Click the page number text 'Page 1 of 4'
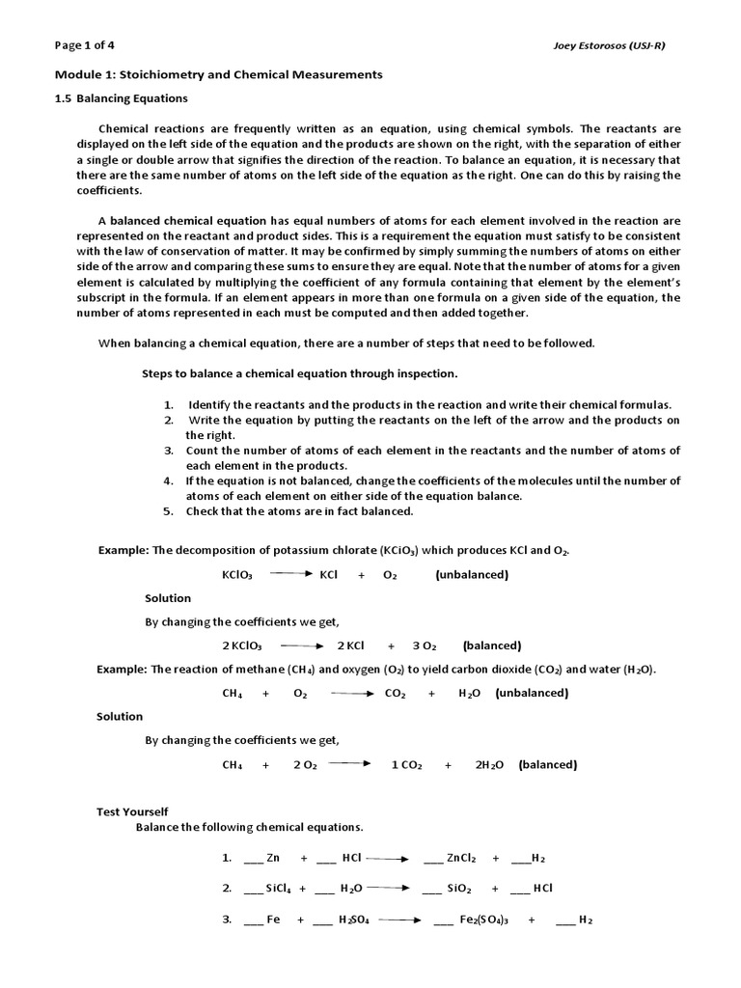pos(85,45)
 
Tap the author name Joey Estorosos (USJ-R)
pos(631,45)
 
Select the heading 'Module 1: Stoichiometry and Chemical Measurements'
pos(217,74)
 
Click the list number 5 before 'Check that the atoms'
pos(168,511)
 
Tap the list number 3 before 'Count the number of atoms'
pos(168,451)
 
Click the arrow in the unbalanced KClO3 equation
pos(288,574)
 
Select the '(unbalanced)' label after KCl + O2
pos(471,575)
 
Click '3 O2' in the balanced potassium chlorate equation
pos(425,645)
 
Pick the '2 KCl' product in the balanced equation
pos(350,645)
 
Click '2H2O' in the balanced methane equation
pos(490,765)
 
